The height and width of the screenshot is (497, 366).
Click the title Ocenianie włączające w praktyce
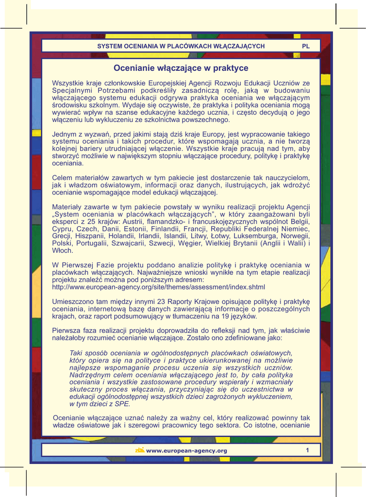click(181, 68)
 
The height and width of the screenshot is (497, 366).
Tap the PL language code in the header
click(306, 46)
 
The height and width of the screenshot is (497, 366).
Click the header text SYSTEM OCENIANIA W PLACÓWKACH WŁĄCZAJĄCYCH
click(181, 46)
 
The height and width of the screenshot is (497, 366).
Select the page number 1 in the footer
click(307, 450)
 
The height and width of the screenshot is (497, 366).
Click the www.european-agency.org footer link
click(186, 451)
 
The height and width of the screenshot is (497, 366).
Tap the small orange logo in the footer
click(140, 450)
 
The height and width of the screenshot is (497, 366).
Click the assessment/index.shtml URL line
click(158, 287)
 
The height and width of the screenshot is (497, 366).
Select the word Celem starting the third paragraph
click(62, 178)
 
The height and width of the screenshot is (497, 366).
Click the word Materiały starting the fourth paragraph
click(67, 207)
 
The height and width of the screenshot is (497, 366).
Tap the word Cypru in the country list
click(62, 229)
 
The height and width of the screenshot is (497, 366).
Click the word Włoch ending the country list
click(62, 250)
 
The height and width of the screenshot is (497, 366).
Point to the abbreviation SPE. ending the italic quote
click(122, 404)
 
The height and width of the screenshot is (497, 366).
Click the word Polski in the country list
click(62, 243)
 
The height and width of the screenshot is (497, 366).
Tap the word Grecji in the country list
click(63, 236)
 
